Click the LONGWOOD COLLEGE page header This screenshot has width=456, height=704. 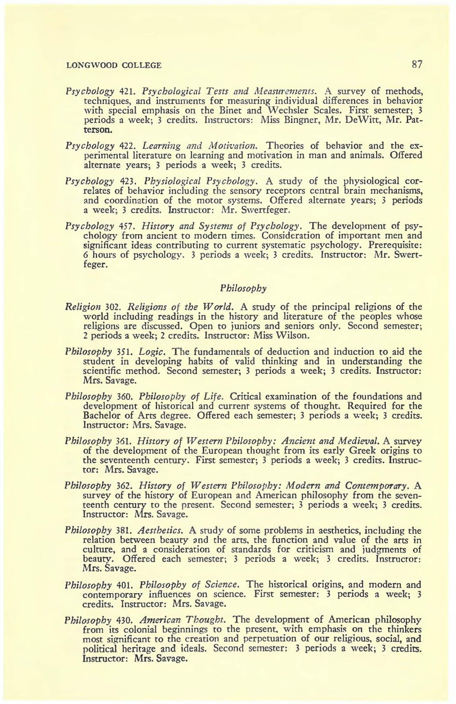[114, 65]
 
